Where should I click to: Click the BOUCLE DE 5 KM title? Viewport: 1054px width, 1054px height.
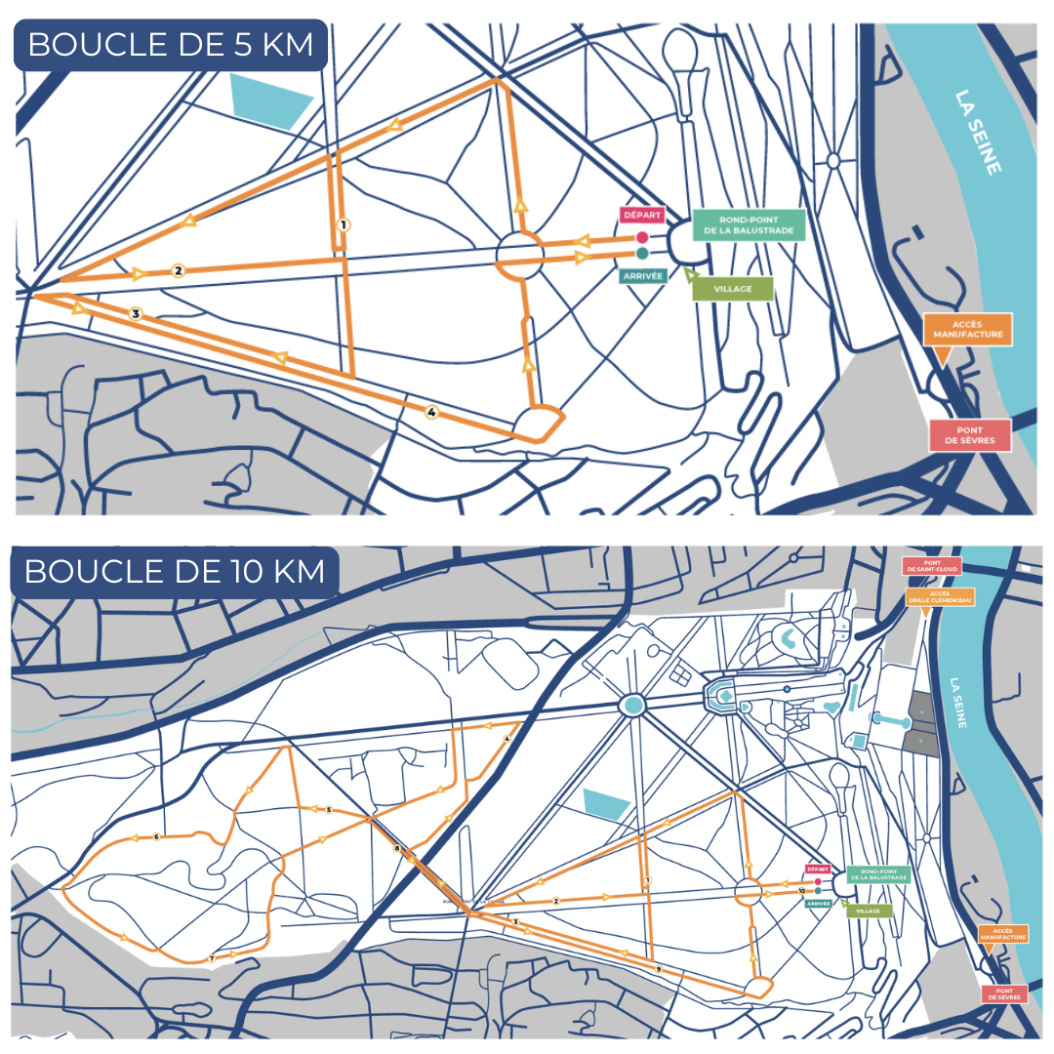click(170, 45)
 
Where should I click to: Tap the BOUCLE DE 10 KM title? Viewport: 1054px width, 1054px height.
click(175, 571)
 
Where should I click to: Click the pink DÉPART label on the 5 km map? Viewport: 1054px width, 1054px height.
click(641, 216)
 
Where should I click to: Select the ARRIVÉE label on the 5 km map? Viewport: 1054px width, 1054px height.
click(642, 276)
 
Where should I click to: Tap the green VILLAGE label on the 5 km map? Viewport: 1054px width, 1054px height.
click(732, 289)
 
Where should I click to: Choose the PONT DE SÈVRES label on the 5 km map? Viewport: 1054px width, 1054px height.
click(969, 435)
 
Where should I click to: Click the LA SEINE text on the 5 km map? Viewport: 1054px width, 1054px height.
click(979, 133)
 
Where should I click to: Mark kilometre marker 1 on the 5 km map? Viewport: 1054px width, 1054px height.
click(343, 223)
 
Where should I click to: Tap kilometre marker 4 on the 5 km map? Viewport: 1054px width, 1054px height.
click(431, 413)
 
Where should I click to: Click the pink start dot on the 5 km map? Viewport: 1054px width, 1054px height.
click(642, 237)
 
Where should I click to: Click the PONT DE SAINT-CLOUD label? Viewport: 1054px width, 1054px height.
click(932, 566)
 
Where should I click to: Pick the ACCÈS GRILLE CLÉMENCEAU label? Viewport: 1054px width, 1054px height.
click(940, 597)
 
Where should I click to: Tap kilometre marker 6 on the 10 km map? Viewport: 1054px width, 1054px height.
click(156, 837)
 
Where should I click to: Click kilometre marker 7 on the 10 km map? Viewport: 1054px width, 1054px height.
click(211, 958)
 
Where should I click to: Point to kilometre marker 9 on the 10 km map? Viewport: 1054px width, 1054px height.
click(659, 968)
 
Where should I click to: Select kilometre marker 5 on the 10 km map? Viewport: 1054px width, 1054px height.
click(329, 810)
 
